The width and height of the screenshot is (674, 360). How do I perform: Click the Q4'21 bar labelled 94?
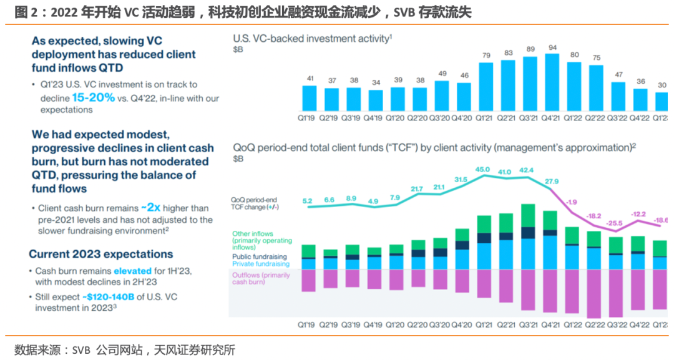(552, 82)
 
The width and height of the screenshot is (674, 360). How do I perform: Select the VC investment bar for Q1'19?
(310, 97)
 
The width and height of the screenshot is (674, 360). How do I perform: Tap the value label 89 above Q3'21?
(530, 49)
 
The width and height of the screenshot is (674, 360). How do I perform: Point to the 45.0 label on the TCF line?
(482, 169)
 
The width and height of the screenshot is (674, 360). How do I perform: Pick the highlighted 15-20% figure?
(93, 97)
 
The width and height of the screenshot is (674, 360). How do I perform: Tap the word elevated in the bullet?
(132, 271)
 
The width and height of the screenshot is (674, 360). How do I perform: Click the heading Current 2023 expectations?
(101, 254)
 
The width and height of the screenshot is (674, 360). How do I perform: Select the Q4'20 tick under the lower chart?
(462, 325)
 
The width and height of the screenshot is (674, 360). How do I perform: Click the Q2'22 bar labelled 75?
(597, 87)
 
